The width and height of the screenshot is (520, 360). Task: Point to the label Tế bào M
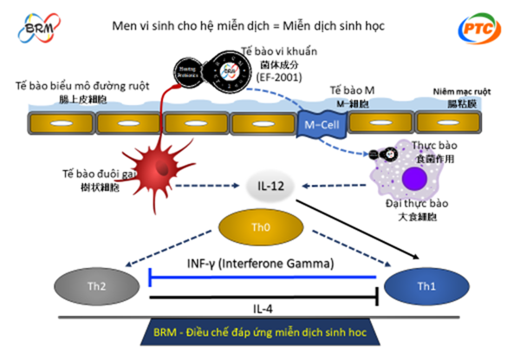(352, 89)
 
